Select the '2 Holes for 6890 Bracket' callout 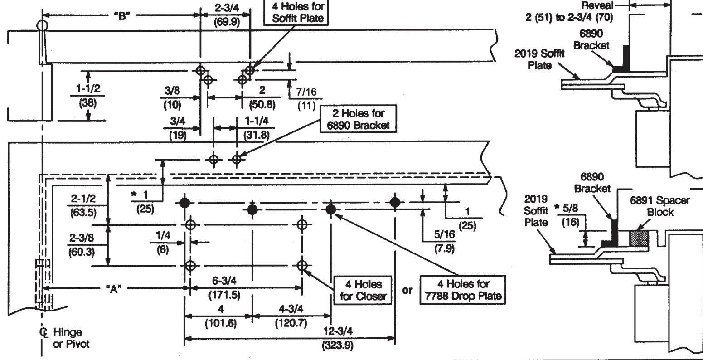click(x=358, y=119)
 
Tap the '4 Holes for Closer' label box click(x=363, y=290)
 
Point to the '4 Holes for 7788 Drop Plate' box click(x=463, y=290)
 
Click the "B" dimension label click(x=122, y=16)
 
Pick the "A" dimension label click(x=114, y=288)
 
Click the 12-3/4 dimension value click(x=338, y=331)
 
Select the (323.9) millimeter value click(x=337, y=345)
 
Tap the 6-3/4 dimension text click(x=224, y=281)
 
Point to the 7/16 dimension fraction click(x=306, y=92)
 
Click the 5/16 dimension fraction click(x=444, y=234)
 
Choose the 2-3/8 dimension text click(x=82, y=238)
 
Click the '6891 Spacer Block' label click(x=659, y=206)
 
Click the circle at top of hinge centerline click(x=42, y=25)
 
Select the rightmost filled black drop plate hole click(x=395, y=202)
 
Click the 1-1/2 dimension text click(x=88, y=88)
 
